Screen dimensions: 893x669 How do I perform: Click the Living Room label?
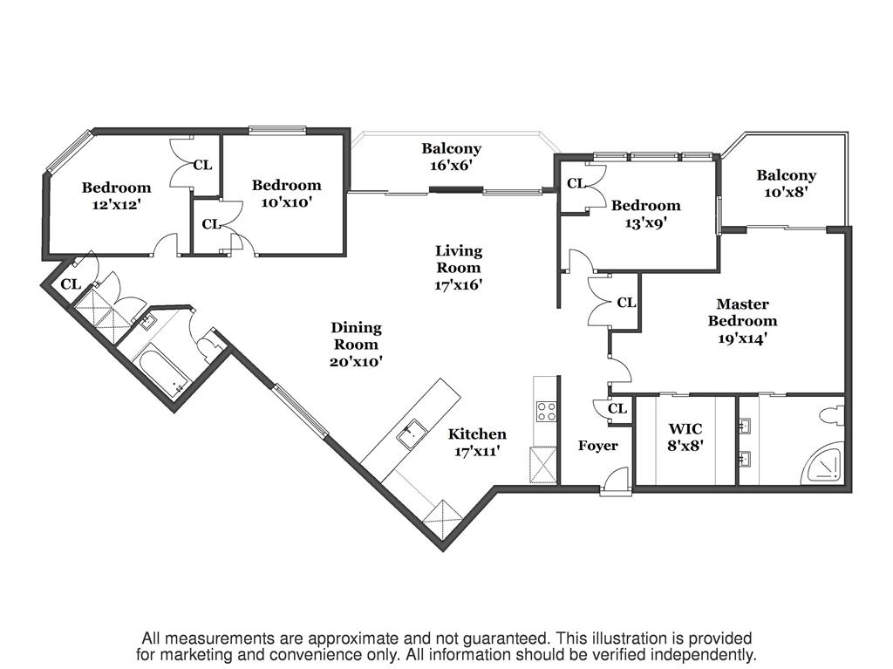458,268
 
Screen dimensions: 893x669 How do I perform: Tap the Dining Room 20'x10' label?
356,344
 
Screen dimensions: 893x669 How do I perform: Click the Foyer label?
597,446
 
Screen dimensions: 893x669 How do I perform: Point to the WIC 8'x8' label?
685,437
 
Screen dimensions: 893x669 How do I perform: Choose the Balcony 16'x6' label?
451,157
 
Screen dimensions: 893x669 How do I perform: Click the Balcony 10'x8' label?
786,184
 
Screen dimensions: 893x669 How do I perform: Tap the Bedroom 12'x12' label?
116,195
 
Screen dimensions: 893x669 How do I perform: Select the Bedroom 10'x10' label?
286,193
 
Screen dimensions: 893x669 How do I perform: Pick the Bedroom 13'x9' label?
645,214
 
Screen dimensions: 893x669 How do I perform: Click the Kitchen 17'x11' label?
476,442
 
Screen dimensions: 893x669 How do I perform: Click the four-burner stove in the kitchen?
547,411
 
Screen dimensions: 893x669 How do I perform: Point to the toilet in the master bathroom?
832,417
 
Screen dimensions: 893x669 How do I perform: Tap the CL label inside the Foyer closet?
617,408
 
